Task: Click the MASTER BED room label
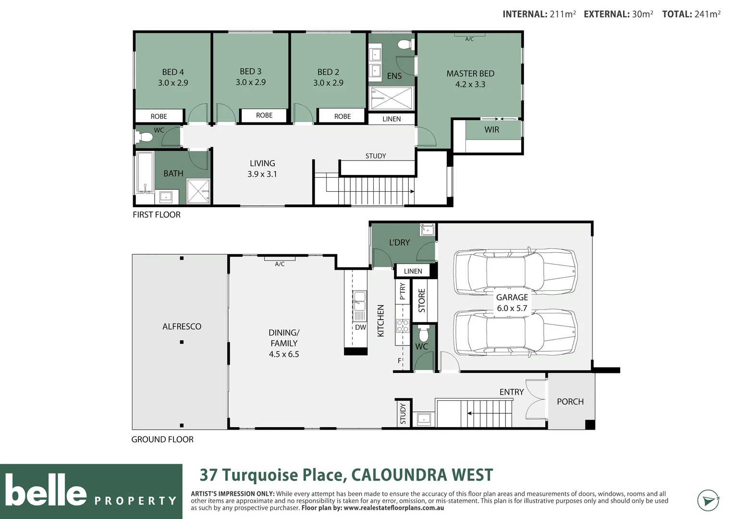(x=470, y=74)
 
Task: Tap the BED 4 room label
(x=172, y=72)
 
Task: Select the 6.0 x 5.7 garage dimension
(x=512, y=309)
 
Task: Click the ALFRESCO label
(x=182, y=326)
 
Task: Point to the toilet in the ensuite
(x=405, y=45)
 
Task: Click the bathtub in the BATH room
(x=145, y=172)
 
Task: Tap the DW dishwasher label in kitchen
(x=360, y=327)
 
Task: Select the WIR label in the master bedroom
(x=491, y=129)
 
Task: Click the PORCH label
(x=570, y=401)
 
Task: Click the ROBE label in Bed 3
(x=264, y=115)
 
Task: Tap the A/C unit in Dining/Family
(x=280, y=259)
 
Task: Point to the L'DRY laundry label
(x=399, y=242)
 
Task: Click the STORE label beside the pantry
(x=422, y=300)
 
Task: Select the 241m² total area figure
(x=707, y=14)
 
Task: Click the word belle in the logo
(x=46, y=491)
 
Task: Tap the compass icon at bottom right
(x=708, y=500)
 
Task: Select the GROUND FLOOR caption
(x=162, y=439)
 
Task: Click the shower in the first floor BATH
(x=198, y=191)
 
